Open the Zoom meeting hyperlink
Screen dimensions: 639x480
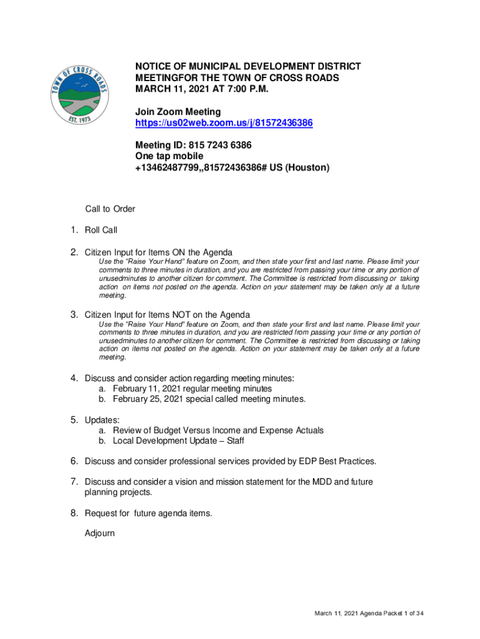[224, 124]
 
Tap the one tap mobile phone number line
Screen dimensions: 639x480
[232, 168]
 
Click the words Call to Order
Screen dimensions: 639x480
[110, 209]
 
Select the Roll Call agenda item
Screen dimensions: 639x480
[101, 230]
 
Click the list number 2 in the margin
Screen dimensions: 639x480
[74, 252]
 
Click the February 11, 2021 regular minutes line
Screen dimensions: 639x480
[192, 389]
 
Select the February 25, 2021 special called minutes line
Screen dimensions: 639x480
[209, 399]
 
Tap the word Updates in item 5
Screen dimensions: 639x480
[102, 420]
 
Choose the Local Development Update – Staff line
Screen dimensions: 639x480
[178, 441]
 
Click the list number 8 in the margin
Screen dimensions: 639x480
[74, 513]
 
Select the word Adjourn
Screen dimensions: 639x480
[100, 534]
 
